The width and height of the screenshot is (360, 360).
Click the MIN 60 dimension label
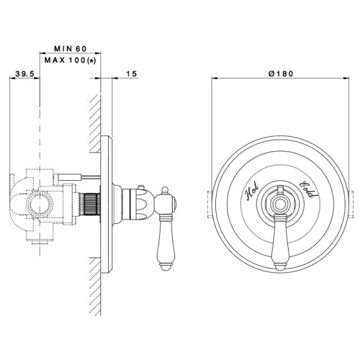pyautogui.click(x=70, y=49)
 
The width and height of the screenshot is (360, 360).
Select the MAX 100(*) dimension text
pyautogui.click(x=70, y=60)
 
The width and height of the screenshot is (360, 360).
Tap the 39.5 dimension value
pyautogui.click(x=25, y=73)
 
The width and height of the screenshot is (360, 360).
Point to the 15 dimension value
pyautogui.click(x=132, y=73)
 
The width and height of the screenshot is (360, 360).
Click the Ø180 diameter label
pyautogui.click(x=281, y=73)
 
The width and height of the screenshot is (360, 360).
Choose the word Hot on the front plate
pyautogui.click(x=252, y=192)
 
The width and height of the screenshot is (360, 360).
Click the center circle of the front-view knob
pyautogui.click(x=279, y=204)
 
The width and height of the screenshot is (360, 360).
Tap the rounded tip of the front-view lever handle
pyautogui.click(x=279, y=267)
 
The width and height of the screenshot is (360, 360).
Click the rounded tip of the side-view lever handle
pyautogui.click(x=166, y=267)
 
